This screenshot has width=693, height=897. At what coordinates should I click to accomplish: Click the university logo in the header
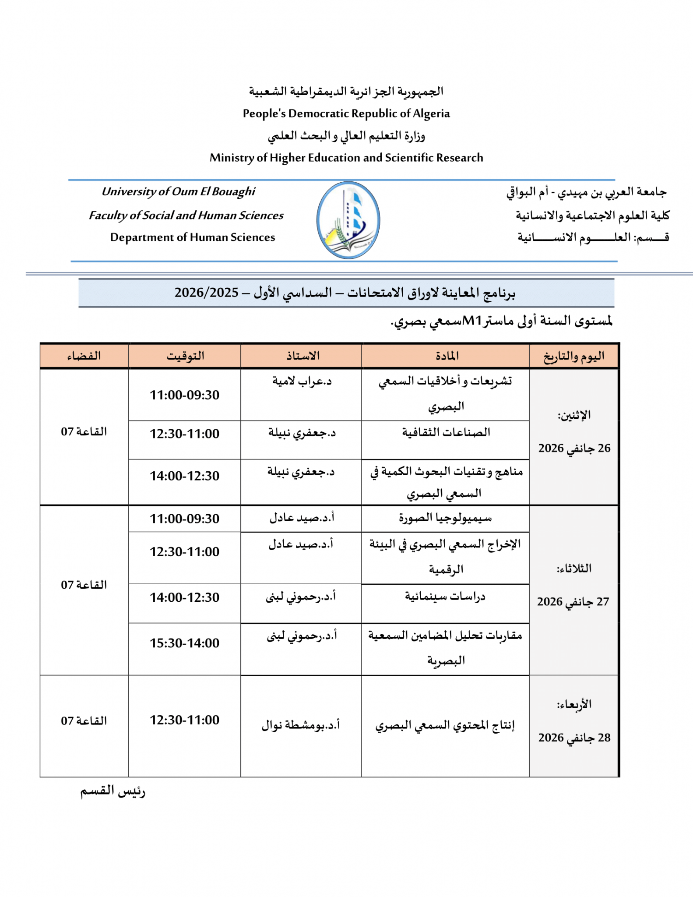348,220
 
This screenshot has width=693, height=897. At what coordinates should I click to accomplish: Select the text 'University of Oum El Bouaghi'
178,192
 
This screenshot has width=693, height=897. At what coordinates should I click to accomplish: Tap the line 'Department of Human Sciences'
193,237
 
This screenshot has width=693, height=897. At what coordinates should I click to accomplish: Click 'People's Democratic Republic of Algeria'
346,113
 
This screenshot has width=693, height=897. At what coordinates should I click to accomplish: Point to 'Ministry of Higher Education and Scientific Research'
346,158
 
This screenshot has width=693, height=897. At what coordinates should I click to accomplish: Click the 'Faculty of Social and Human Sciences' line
186,215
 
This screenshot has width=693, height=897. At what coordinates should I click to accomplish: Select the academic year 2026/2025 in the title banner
206,293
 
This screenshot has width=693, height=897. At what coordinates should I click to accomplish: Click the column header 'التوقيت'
185,356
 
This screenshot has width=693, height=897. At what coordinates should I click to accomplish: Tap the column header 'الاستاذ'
303,356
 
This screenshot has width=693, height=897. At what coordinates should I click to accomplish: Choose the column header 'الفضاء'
84,356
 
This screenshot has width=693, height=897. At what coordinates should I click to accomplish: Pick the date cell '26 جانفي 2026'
574,448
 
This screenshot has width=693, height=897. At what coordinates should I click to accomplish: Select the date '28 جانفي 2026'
574,738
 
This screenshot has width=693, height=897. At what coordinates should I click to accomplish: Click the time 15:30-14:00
184,643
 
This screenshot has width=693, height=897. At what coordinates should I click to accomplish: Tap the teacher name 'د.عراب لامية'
302,381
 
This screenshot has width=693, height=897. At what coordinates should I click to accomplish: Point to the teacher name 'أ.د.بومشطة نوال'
301,725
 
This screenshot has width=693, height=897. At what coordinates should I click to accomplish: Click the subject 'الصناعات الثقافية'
446,433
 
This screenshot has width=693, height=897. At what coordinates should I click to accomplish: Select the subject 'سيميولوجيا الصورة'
445,518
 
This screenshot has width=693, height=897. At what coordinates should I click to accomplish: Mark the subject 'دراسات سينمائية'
445,597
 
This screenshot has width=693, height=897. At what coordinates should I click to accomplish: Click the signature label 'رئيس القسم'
113,791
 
